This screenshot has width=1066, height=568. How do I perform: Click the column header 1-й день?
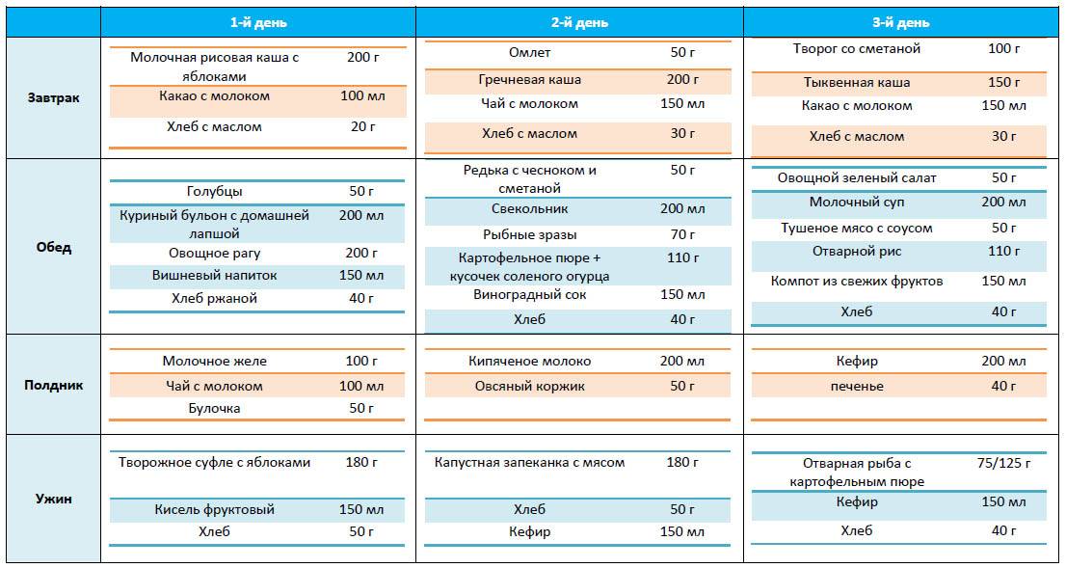[x=258, y=22]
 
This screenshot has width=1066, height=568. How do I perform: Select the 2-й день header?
[x=579, y=22]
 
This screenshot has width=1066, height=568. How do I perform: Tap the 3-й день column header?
[x=901, y=22]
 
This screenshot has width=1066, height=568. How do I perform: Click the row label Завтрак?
[x=54, y=98]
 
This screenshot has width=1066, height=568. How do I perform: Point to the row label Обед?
[x=54, y=248]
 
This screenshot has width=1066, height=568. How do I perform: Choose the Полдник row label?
[x=54, y=385]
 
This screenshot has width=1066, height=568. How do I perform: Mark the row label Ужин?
[x=54, y=500]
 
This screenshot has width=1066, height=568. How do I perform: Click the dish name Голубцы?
[x=214, y=192]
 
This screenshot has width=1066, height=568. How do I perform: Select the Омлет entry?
[x=529, y=52]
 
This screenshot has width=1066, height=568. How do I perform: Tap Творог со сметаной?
[x=857, y=49]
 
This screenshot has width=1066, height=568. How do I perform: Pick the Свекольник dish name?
[x=529, y=209]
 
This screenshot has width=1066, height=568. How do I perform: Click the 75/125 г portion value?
[x=1003, y=464]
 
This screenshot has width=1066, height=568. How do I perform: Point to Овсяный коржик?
[x=529, y=387]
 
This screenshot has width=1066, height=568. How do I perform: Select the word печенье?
[x=857, y=387]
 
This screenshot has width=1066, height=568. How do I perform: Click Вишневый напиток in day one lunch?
[x=214, y=276]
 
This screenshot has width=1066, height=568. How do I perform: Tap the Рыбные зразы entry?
[x=529, y=235]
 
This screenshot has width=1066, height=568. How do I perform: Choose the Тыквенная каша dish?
[x=857, y=83]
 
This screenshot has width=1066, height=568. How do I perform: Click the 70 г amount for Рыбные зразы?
[x=682, y=235]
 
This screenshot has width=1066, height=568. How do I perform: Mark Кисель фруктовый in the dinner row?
[x=214, y=509]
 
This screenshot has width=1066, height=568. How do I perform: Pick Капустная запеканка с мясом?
[x=529, y=463]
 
